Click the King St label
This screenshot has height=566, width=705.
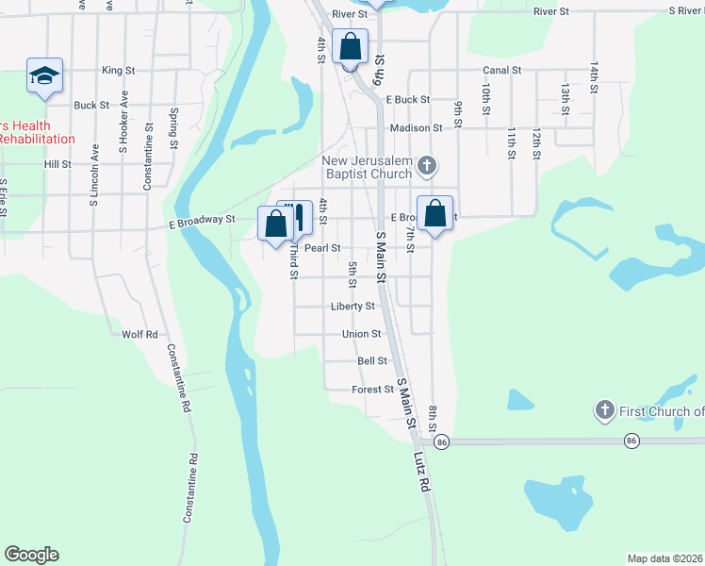(x=119, y=71)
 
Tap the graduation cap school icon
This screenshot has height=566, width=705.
(x=44, y=75)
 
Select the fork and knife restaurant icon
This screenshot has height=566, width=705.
(x=299, y=217)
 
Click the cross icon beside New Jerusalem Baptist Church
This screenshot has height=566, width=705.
(x=426, y=166)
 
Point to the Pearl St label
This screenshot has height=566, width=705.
(x=321, y=248)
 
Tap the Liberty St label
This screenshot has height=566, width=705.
(x=352, y=307)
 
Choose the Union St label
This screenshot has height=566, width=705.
(x=362, y=334)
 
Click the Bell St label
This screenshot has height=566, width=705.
(x=372, y=361)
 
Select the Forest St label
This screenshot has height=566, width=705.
(x=372, y=390)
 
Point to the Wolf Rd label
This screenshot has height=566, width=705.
(x=139, y=335)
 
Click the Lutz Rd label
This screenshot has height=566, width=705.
(x=421, y=472)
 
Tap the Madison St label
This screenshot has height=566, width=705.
(x=416, y=128)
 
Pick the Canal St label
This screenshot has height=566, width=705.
(x=502, y=71)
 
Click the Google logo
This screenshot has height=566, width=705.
(x=31, y=555)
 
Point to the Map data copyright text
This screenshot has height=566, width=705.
(x=665, y=558)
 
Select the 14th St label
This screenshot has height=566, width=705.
(x=595, y=77)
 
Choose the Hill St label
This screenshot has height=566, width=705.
(x=57, y=164)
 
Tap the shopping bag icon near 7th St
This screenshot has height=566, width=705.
(x=435, y=213)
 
